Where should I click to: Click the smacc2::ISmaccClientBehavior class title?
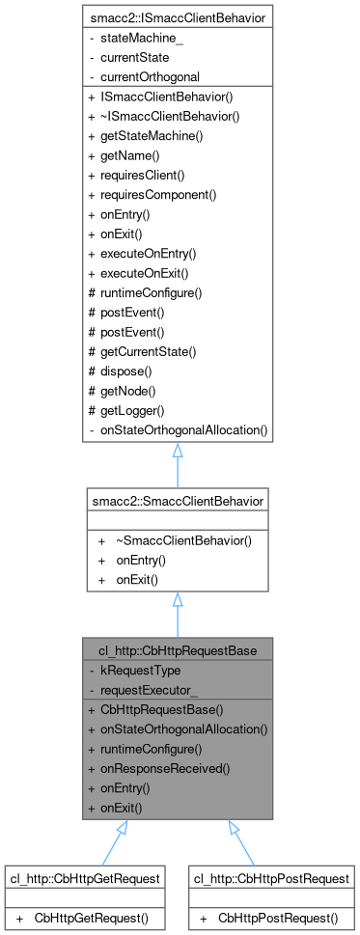[179, 18]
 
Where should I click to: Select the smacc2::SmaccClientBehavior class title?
[179, 500]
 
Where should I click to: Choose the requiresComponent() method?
[165, 194]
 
